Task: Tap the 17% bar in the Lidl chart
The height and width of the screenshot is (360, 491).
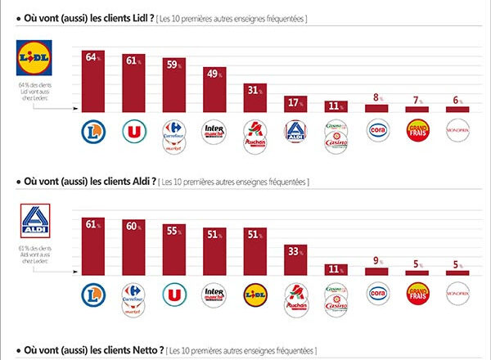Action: pyautogui.click(x=295, y=106)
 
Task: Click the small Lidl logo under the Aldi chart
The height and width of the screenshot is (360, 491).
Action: pyautogui.click(x=255, y=295)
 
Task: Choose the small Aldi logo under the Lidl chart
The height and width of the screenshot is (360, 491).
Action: pyautogui.click(x=295, y=131)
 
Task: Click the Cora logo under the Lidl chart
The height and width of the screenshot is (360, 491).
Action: pyautogui.click(x=376, y=131)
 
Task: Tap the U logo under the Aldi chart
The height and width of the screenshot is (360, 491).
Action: pyautogui.click(x=173, y=295)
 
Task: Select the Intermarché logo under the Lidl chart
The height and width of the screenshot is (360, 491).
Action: pyautogui.click(x=214, y=131)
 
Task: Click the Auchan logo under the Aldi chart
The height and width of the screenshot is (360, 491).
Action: pyautogui.click(x=295, y=299)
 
